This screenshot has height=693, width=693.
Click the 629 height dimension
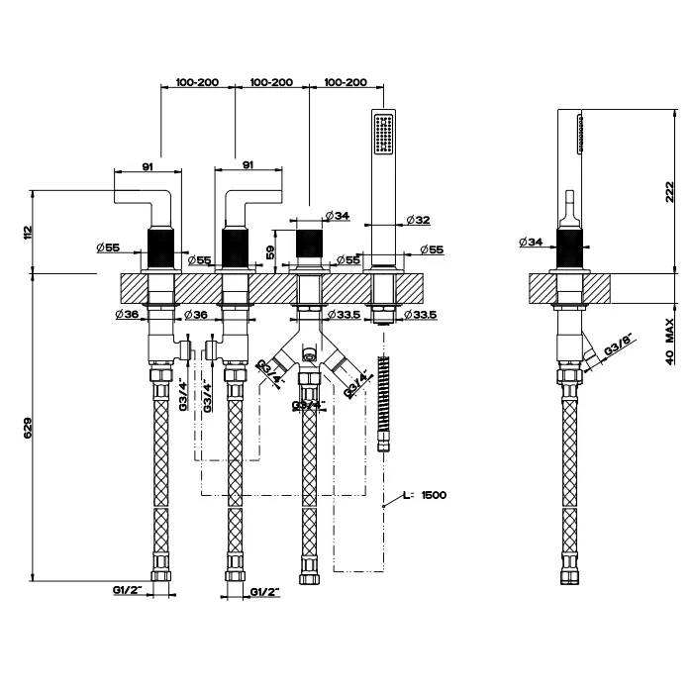[x=29, y=427]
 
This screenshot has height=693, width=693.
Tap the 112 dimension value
[x=29, y=232]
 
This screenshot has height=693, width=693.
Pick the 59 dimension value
[x=271, y=251]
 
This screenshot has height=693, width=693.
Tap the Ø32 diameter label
[x=417, y=220]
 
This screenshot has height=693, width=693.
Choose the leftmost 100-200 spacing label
[x=197, y=82]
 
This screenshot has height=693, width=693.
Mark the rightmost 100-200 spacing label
[x=346, y=82]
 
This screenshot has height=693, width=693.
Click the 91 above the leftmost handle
[x=147, y=167]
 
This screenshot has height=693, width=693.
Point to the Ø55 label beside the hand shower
[x=430, y=249]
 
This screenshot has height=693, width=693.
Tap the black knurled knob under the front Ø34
[x=310, y=243]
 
